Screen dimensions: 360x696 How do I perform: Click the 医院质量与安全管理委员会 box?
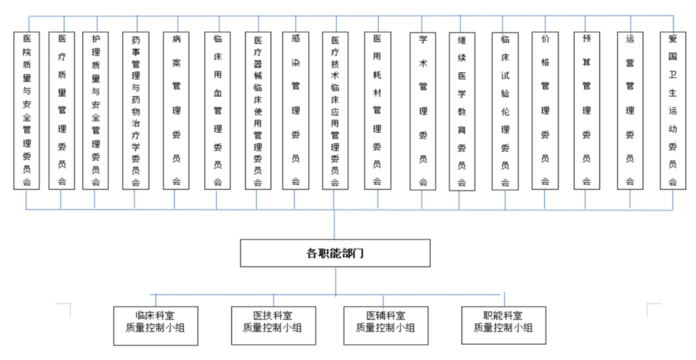click(x=26, y=109)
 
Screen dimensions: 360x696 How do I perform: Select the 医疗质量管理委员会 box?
click(x=62, y=109)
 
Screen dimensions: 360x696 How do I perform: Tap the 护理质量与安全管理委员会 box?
click(x=96, y=109)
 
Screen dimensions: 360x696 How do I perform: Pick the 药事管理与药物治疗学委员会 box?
click(x=136, y=109)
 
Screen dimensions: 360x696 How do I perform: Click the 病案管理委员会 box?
click(x=176, y=109)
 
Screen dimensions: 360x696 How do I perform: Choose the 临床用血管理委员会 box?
click(x=218, y=109)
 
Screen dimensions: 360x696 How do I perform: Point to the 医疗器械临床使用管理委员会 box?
click(x=258, y=109)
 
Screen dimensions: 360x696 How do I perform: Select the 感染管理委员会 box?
click(x=295, y=109)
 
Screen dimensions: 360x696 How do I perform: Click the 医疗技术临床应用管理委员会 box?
click(x=335, y=109)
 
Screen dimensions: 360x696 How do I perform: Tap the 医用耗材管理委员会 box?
click(x=377, y=109)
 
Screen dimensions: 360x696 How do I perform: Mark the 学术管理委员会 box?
click(x=423, y=109)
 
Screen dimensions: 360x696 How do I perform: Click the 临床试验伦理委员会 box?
click(x=505, y=109)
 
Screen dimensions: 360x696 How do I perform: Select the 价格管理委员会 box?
click(x=545, y=109)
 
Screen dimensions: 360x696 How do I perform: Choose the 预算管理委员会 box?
click(x=586, y=109)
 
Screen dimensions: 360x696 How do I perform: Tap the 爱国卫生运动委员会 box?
click(x=673, y=109)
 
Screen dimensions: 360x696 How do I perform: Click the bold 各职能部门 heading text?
click(x=335, y=253)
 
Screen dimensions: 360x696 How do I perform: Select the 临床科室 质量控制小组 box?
click(x=155, y=325)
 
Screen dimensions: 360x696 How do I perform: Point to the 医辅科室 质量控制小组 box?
click(x=385, y=325)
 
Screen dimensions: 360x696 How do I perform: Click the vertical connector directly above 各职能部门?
click(x=335, y=225)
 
